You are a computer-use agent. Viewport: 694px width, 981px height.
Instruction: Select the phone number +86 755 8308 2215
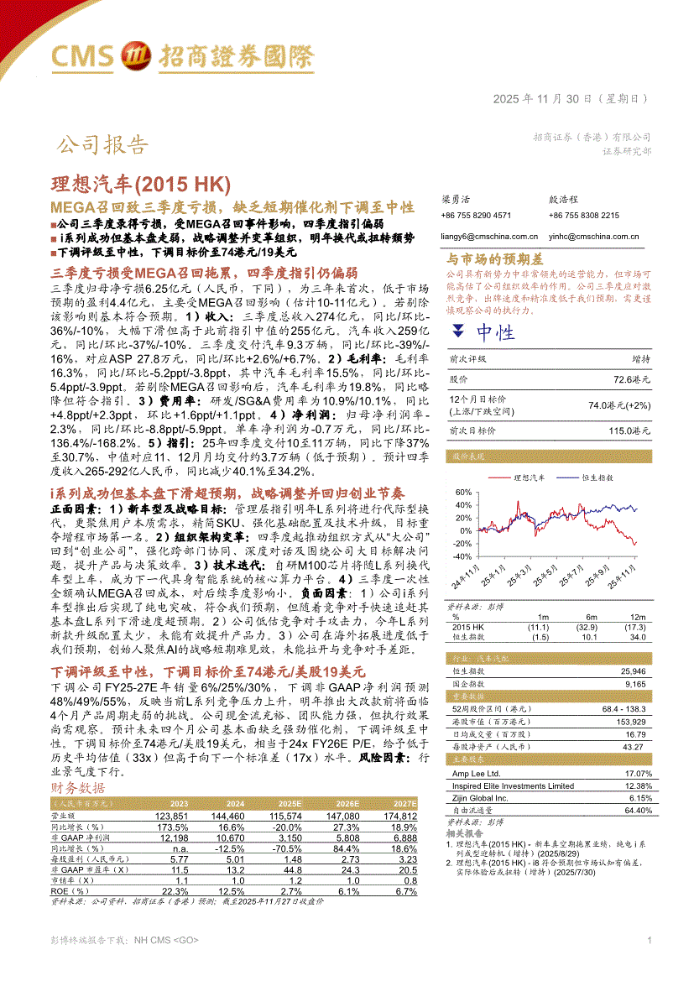584,216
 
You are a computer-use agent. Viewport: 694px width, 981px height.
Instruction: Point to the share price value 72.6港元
632,379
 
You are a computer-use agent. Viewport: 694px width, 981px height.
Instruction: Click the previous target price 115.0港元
630,430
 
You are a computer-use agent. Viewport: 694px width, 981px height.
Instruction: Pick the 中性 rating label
495,333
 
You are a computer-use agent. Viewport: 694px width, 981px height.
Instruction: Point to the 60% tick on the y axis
461,493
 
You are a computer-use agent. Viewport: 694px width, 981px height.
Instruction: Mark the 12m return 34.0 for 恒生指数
638,637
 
